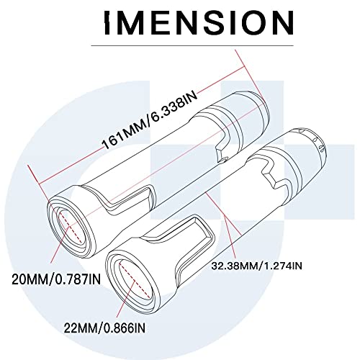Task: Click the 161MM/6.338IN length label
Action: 150,120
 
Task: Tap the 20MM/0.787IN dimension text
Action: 56,279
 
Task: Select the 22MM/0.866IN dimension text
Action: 104,328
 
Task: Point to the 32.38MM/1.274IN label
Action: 256,266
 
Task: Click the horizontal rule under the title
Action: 192,45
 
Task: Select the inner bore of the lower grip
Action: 135,280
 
